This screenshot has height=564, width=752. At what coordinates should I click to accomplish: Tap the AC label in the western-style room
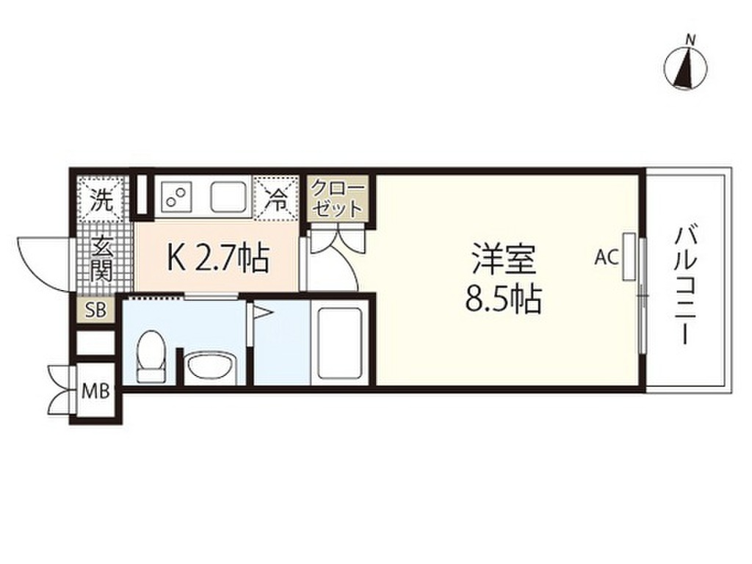[x=606, y=257]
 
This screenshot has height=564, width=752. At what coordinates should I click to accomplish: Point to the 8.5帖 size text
[x=502, y=299]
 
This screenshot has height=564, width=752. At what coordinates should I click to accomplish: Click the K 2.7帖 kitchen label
[x=219, y=258]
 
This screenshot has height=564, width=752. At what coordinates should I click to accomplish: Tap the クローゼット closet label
[x=337, y=196]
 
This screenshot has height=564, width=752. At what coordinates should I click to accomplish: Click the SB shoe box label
[x=96, y=310]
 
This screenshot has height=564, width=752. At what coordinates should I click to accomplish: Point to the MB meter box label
[x=96, y=391]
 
